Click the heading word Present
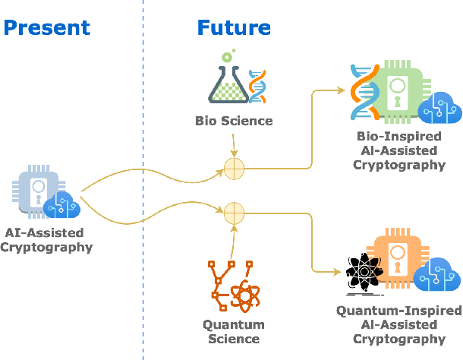pos(47,28)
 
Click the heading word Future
pos(234,28)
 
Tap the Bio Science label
pos(234,121)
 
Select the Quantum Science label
pos(234,332)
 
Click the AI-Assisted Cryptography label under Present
pos(47,239)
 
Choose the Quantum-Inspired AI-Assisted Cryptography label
pos(399,325)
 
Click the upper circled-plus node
pos(234,169)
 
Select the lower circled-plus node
pos(234,210)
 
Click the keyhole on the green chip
pos(396,100)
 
